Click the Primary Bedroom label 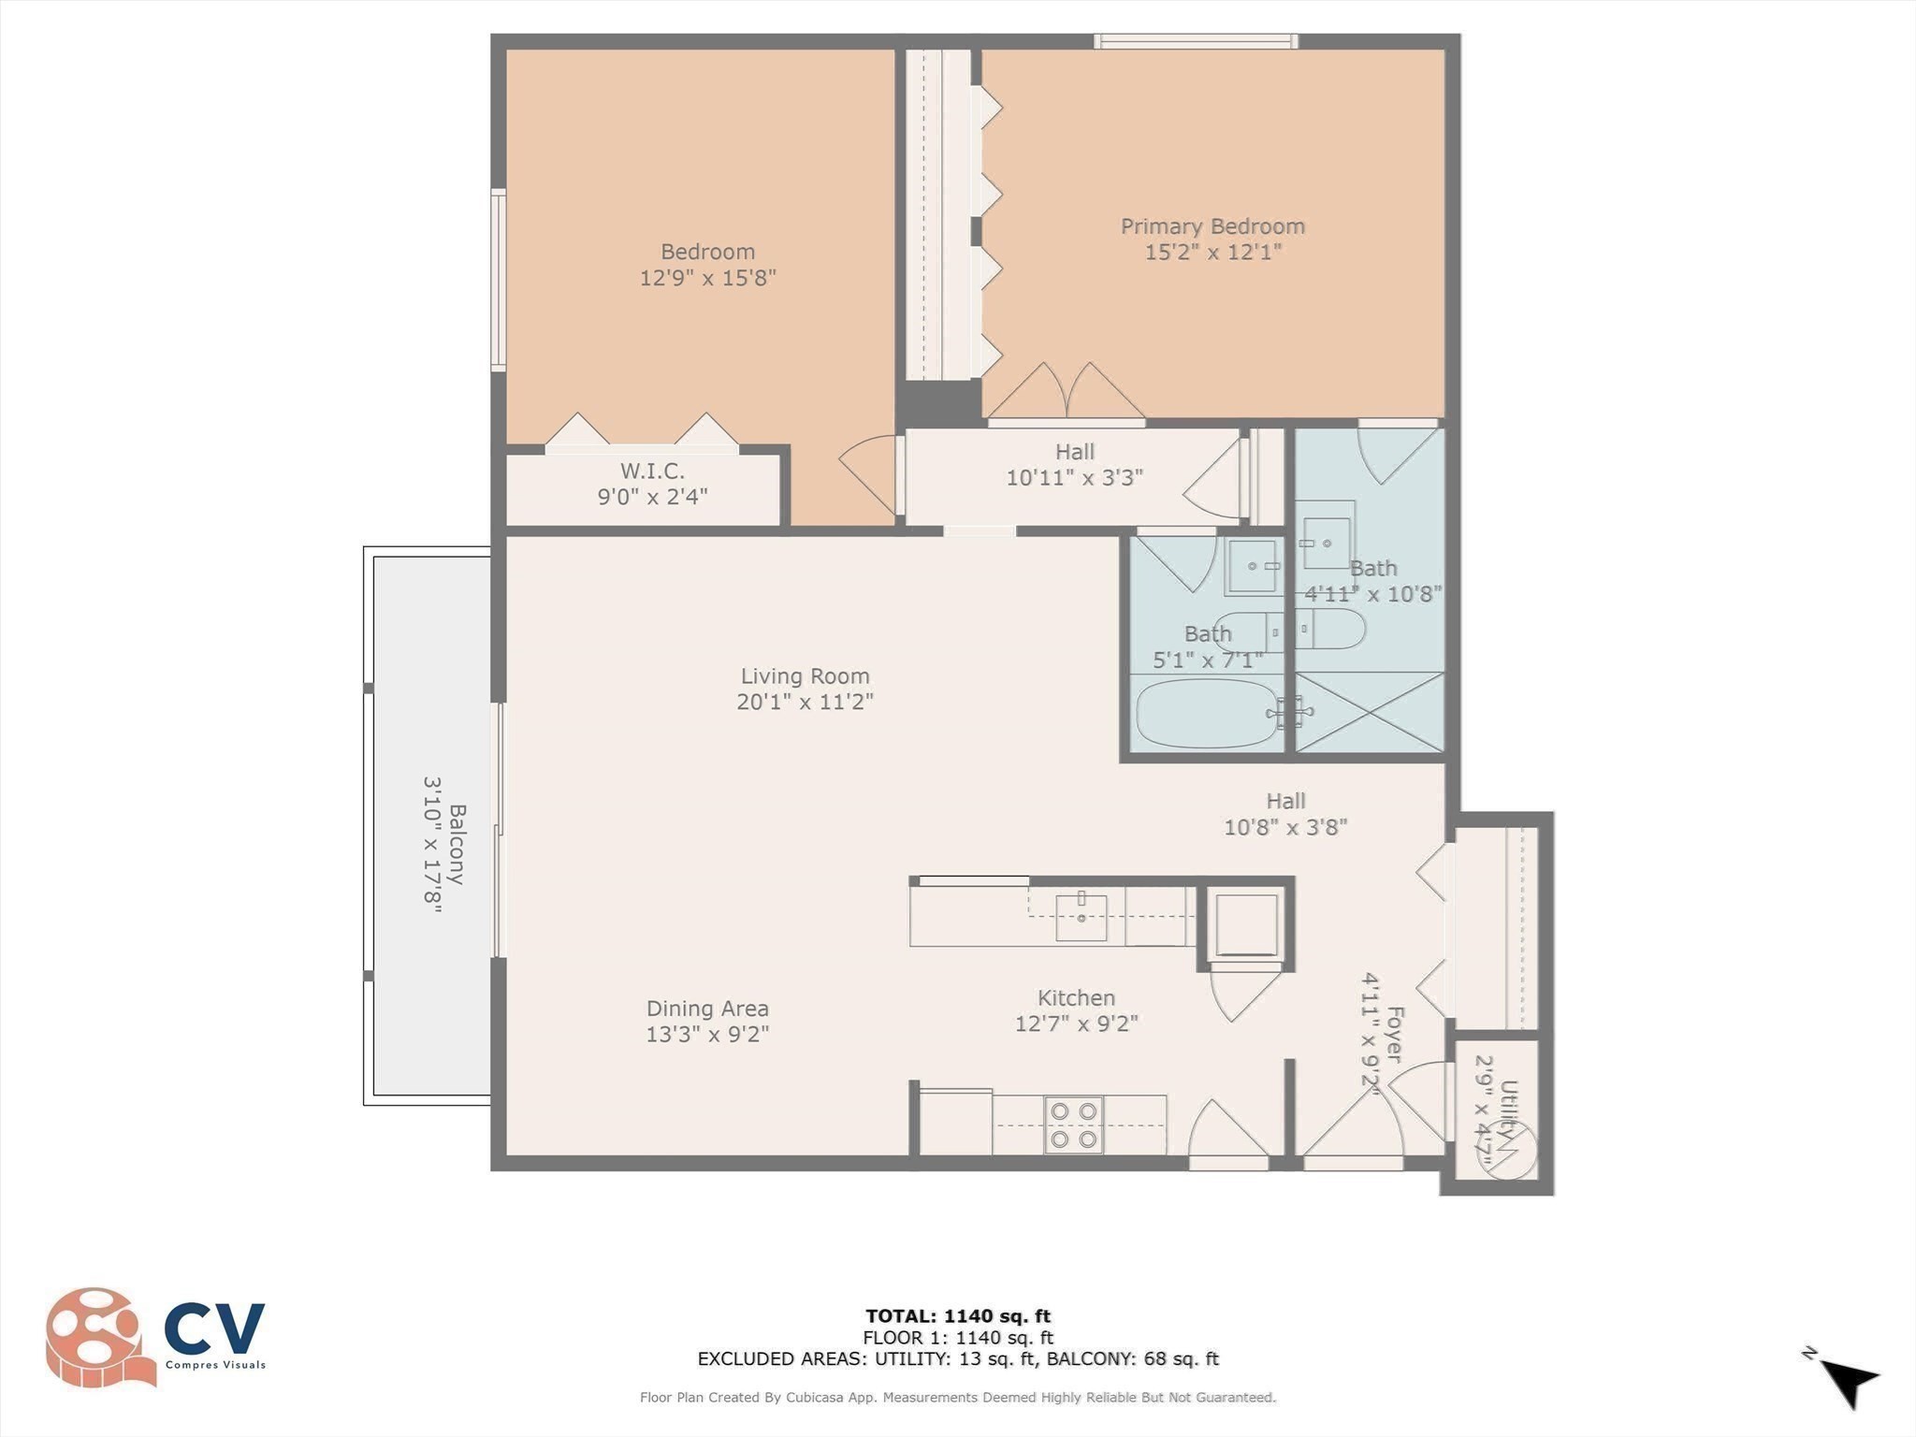(x=1212, y=226)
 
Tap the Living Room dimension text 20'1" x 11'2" (x=805, y=702)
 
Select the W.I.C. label (x=652, y=471)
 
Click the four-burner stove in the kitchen (x=1073, y=1125)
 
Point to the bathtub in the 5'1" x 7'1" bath (x=1207, y=713)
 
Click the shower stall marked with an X (x=1370, y=712)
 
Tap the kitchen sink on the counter (x=1081, y=917)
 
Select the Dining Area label (x=707, y=1009)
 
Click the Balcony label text (x=457, y=844)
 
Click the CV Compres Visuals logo (x=155, y=1337)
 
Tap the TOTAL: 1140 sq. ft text (x=958, y=1316)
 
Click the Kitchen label (x=1076, y=998)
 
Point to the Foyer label (x=1395, y=1034)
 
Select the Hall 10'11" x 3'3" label (x=1075, y=465)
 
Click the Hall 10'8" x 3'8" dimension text (x=1285, y=828)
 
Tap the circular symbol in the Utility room (x=1506, y=1151)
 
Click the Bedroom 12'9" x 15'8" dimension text (x=708, y=278)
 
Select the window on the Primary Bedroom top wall (x=1197, y=41)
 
